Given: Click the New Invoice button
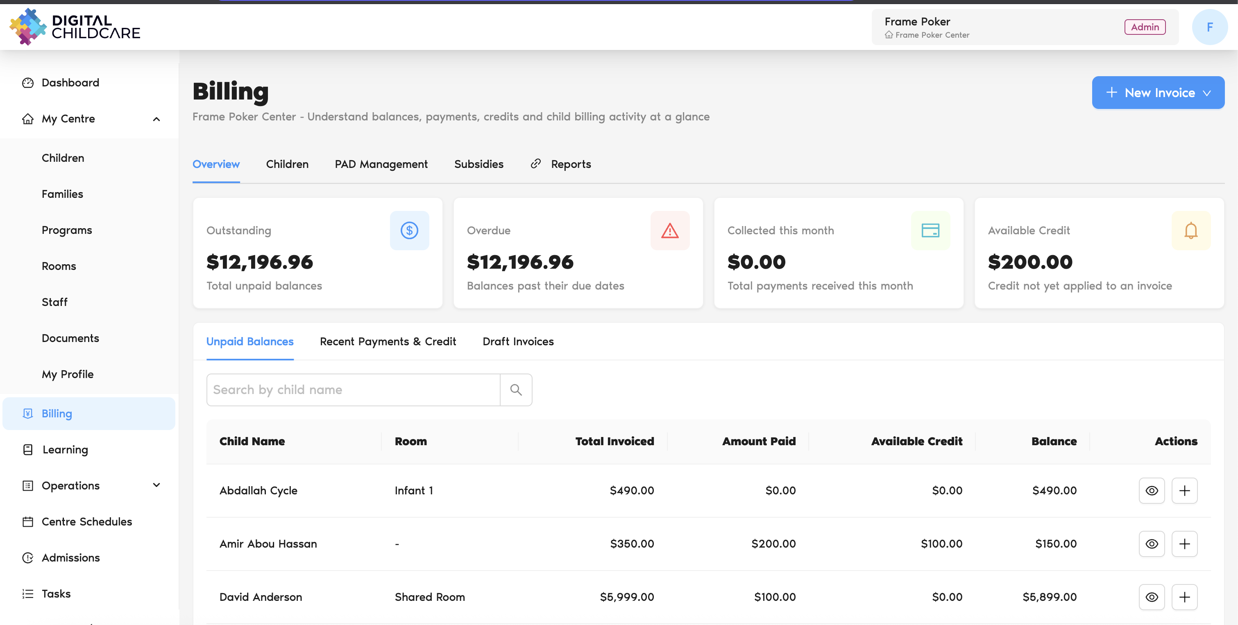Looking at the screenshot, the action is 1158,93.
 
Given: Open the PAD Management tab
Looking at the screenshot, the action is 381,164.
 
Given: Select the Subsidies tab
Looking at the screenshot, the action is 478,164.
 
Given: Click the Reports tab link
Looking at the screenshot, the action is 561,164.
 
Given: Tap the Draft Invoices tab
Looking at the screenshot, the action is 518,342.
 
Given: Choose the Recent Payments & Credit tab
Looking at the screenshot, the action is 388,342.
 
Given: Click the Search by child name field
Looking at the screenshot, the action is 353,389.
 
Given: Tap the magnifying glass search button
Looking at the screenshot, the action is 516,389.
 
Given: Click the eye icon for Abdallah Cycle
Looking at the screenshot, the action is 1152,491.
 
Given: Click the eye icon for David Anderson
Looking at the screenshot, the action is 1152,597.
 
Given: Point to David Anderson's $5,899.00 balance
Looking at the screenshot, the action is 1050,597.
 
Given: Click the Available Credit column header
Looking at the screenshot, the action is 916,442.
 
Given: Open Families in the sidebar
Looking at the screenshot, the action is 63,194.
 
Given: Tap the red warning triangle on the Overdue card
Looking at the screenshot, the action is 670,231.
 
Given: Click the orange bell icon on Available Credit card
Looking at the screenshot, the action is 1191,231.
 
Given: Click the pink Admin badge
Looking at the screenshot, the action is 1145,27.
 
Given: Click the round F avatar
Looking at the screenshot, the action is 1210,27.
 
